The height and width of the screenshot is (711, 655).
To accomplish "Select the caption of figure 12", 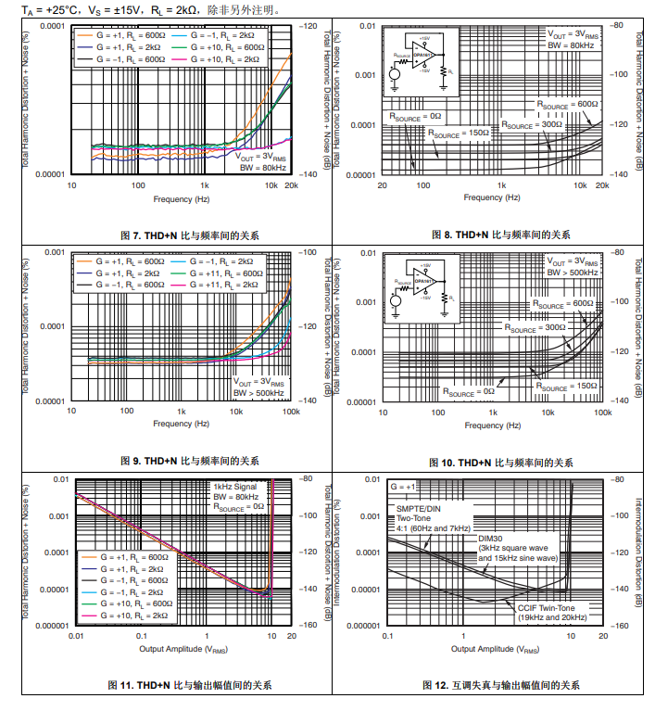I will [500, 685].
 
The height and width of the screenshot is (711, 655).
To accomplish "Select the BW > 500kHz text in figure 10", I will [571, 273].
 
